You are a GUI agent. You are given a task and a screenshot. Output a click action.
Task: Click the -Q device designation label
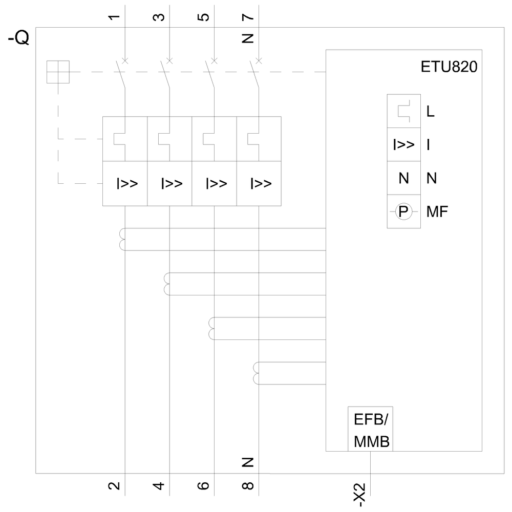click(18, 38)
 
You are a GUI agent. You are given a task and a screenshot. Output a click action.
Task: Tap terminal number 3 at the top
click(160, 17)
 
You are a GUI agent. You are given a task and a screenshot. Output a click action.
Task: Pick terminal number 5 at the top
click(204, 17)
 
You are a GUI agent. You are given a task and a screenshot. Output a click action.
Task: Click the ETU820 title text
click(448, 68)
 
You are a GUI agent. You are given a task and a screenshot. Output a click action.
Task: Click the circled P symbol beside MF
click(403, 211)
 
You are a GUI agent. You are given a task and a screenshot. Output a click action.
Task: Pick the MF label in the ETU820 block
click(437, 211)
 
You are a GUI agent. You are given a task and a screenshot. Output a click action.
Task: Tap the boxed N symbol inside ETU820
click(403, 178)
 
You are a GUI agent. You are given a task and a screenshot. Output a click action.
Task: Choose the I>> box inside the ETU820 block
click(403, 145)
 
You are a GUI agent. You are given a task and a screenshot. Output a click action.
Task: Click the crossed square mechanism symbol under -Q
click(58, 72)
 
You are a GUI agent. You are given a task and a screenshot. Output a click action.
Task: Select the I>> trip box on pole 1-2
click(125, 183)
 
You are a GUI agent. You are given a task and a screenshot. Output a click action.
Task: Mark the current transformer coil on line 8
click(257, 373)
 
